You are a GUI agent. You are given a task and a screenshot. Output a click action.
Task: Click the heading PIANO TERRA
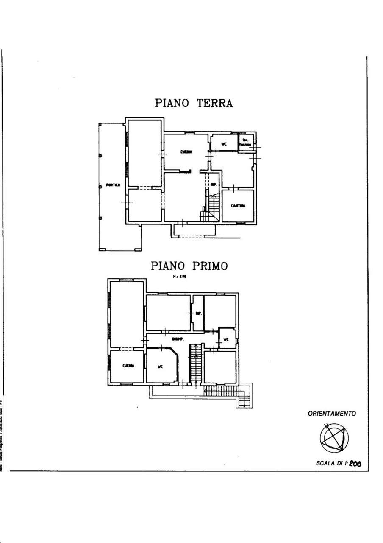tap(194, 103)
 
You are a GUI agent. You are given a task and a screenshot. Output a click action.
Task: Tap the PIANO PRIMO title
tap(189, 266)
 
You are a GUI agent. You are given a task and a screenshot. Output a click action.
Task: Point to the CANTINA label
tap(238, 206)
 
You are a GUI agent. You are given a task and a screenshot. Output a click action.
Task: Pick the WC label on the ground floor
tap(224, 144)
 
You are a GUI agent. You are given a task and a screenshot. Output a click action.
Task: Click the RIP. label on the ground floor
tap(214, 185)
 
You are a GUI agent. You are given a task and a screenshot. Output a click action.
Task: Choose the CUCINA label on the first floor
tap(128, 365)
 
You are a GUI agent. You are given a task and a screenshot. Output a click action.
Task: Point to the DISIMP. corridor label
tap(177, 339)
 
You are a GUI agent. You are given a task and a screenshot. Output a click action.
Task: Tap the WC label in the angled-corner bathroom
tap(160, 367)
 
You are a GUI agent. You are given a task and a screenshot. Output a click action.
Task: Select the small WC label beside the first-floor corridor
tap(226, 339)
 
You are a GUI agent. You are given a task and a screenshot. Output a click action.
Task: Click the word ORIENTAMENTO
tap(332, 414)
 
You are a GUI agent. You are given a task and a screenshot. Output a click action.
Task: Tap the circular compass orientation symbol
tap(334, 438)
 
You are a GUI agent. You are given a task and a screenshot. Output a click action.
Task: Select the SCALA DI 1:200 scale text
tap(339, 463)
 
